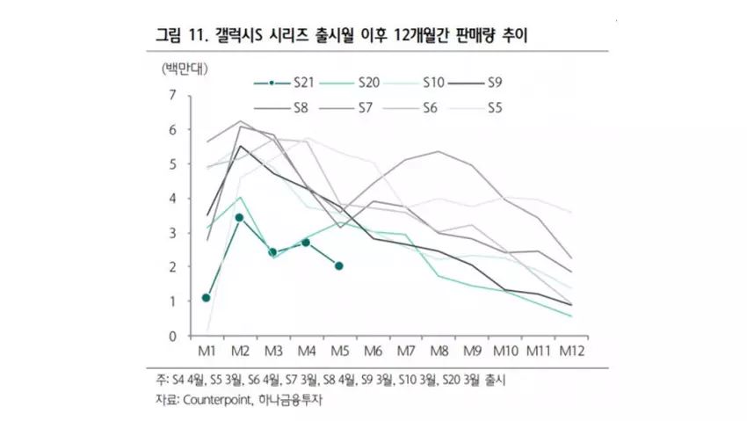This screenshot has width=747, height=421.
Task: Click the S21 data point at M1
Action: tap(206, 298)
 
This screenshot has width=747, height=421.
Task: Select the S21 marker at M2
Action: tap(239, 217)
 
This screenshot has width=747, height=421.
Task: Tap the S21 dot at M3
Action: tap(272, 252)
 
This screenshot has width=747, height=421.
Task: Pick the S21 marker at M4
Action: tap(306, 242)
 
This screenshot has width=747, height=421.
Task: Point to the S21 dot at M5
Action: tap(339, 265)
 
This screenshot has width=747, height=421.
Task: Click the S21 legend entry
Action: tap(304, 83)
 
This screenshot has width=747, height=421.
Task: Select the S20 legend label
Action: tap(368, 83)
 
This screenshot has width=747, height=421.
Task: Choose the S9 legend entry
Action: tap(495, 83)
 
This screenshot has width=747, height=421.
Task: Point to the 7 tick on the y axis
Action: tap(173, 95)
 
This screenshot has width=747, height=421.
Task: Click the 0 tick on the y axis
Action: tap(173, 336)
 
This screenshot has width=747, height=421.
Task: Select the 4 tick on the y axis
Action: tap(173, 198)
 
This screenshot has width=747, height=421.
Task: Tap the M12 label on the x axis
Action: tap(572, 351)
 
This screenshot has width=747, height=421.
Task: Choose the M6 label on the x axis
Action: tap(372, 351)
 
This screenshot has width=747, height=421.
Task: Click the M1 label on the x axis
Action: tap(206, 351)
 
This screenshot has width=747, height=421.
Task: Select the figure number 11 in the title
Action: tap(196, 37)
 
